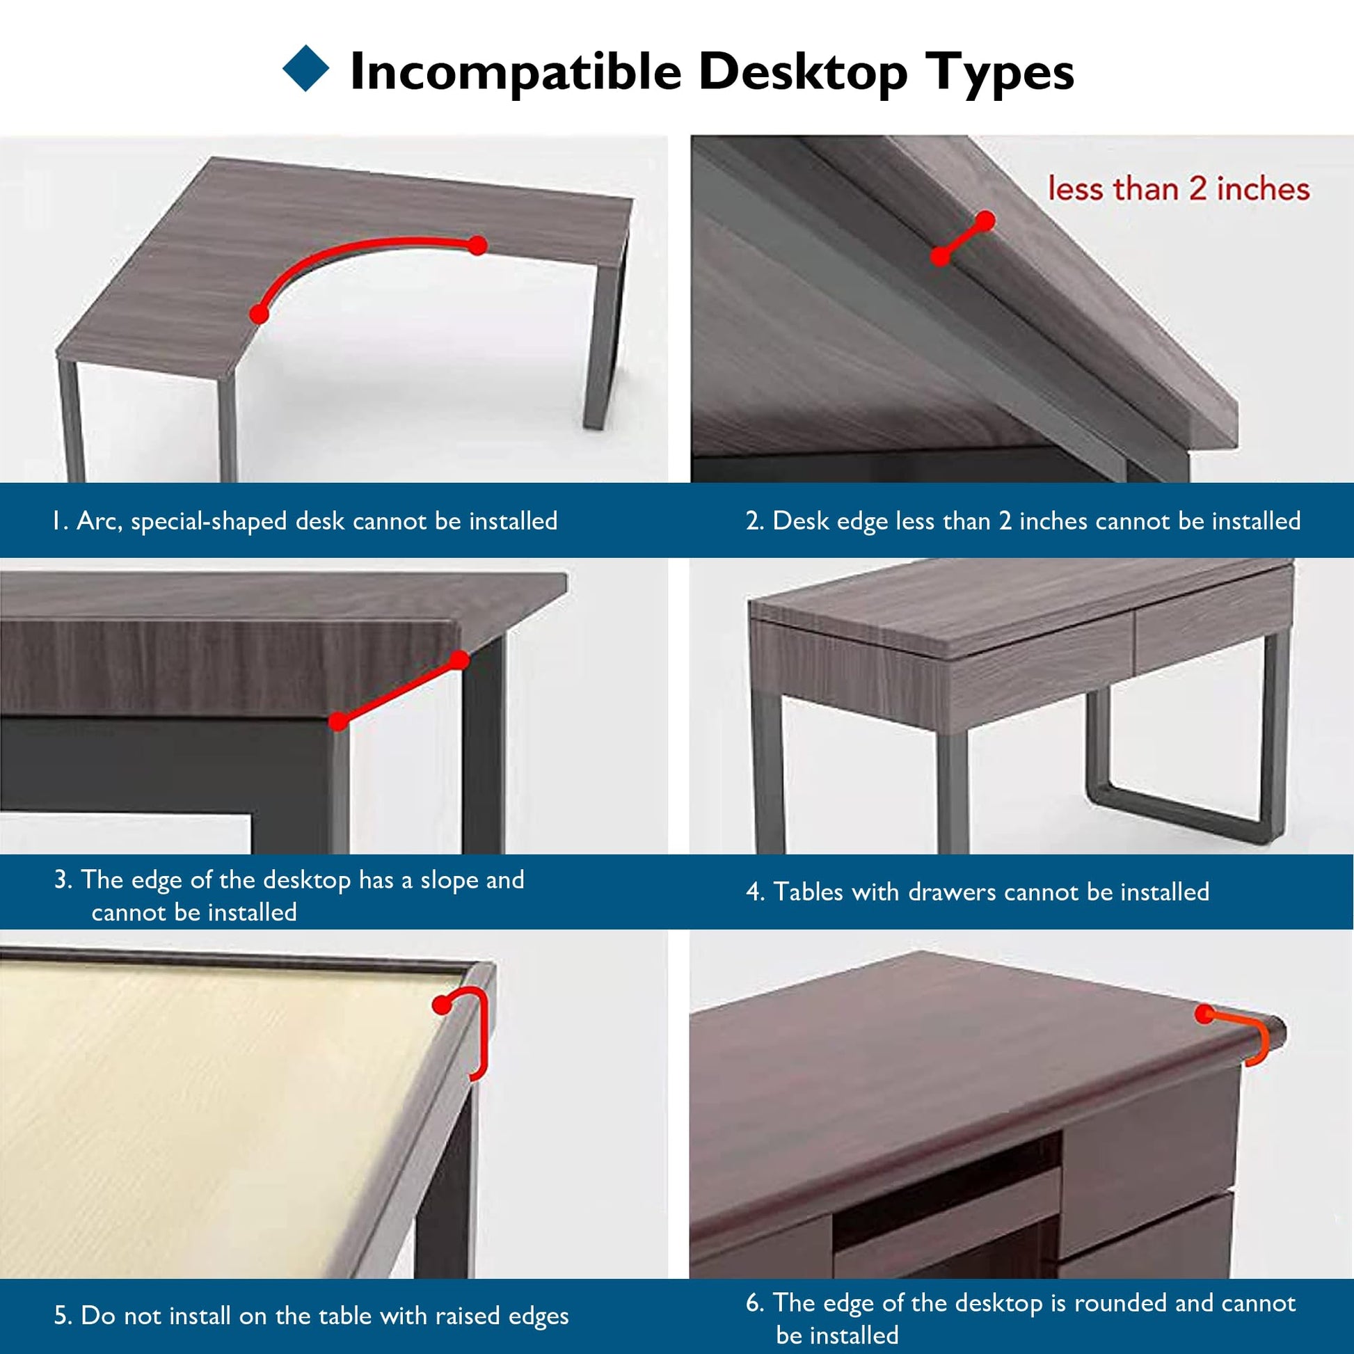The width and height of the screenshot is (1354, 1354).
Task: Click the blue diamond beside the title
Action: (x=305, y=68)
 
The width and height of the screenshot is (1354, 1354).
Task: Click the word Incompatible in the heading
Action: (x=515, y=71)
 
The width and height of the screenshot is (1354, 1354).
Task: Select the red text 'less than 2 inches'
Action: (x=1179, y=189)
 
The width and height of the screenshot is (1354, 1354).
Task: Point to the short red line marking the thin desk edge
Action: (x=962, y=238)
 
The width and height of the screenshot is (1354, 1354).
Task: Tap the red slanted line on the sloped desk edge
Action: (x=398, y=690)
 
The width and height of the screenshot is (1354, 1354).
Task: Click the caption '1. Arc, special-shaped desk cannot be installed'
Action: (x=305, y=520)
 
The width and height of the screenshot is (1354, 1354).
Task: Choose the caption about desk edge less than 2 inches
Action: (x=1024, y=520)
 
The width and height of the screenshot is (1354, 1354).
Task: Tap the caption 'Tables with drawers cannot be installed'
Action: (x=991, y=891)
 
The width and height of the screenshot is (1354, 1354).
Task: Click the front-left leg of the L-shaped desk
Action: (x=72, y=420)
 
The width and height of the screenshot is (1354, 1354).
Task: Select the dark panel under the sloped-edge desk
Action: (x=165, y=764)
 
